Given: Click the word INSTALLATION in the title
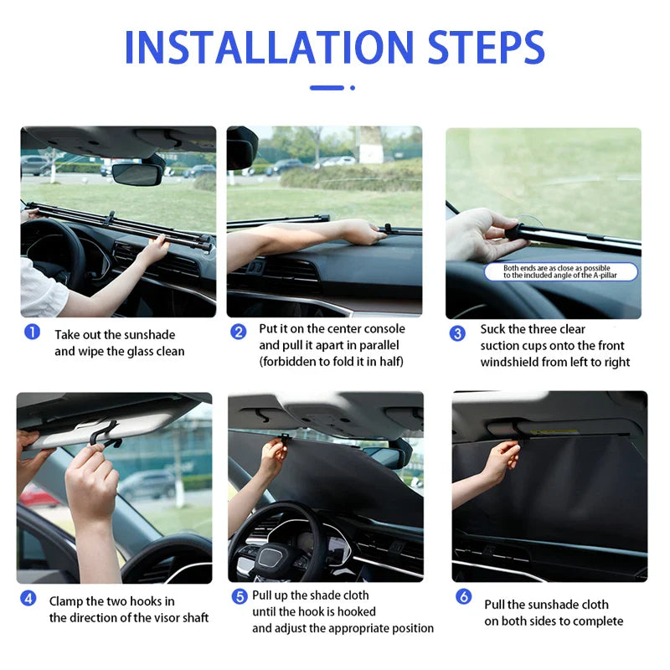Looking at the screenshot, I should pos(267,48).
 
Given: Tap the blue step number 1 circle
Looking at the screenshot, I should pos(32,332).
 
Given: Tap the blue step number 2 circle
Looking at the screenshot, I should pos(239,332).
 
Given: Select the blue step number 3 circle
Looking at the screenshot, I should pos(457,333).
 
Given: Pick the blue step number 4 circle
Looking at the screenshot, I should pos(28,599).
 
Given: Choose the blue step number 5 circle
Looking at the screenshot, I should pos(239,596).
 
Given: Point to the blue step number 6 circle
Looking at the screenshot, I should pos(463,596).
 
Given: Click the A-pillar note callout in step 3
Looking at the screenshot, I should pos(560,271).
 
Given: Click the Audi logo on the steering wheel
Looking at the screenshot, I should pos(270,557).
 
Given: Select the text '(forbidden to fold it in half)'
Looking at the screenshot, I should pos(331,362).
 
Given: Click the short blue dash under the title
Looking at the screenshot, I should pos(327,87).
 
